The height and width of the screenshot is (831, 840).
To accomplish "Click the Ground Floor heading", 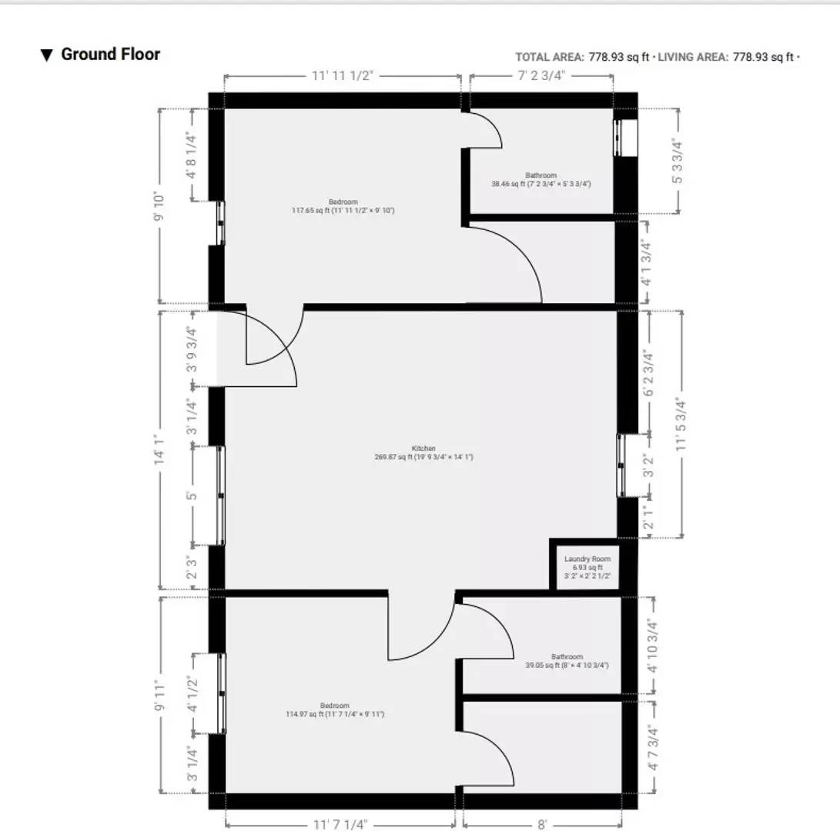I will coord(110,55).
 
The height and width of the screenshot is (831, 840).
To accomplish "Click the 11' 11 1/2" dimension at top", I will coord(343,75).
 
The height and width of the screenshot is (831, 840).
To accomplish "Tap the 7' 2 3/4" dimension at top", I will coord(542,75).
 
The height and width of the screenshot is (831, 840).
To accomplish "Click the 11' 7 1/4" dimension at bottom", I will coord(339,824).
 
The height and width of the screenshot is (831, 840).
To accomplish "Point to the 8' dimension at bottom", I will coord(542,824).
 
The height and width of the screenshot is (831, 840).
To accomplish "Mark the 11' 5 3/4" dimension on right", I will coord(679,422).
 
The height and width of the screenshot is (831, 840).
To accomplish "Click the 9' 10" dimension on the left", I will coord(160,206).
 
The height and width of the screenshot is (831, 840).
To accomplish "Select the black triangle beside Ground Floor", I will coord(47,55).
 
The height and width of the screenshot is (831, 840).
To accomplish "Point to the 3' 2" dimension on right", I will coord(648,468).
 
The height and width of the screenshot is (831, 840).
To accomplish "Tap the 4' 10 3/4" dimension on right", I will coord(652,646).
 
